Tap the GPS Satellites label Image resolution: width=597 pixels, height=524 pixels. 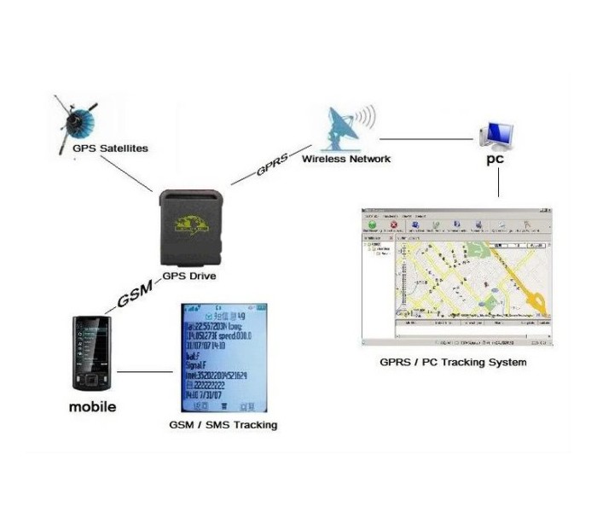tap(110, 148)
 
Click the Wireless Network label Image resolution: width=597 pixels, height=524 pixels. tap(346, 159)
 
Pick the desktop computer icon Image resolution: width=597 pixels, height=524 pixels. tap(496, 132)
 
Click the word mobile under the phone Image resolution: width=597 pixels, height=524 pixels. tap(92, 407)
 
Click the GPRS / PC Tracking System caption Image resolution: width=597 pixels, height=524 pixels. tap(453, 362)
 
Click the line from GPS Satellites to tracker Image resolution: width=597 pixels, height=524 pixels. tap(128, 176)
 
